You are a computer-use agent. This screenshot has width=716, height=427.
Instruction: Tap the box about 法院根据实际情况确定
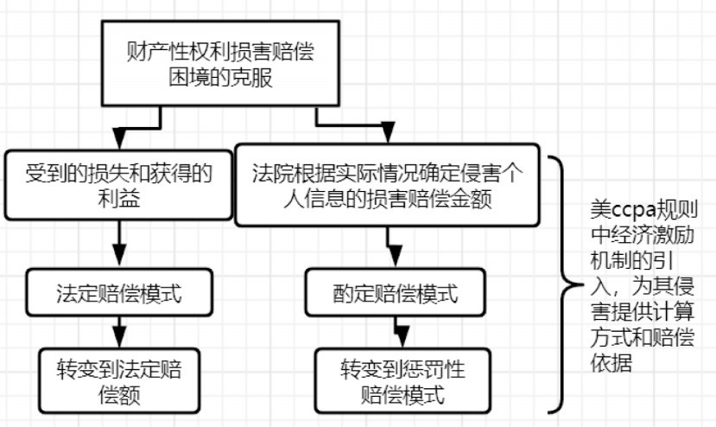(x=391, y=185)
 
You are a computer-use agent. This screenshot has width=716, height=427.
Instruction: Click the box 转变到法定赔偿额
(x=119, y=378)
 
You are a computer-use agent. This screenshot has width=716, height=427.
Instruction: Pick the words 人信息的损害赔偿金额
(x=391, y=201)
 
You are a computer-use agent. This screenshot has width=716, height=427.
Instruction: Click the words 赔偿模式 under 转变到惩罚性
(x=402, y=397)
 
